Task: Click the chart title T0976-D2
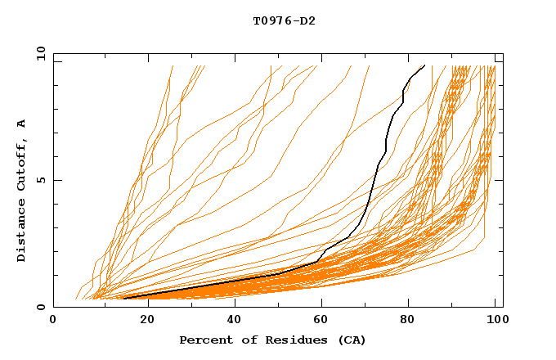pos(284,20)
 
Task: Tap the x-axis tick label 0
pos(53,321)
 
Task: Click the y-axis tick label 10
pos(40,53)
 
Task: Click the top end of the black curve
pos(424,65)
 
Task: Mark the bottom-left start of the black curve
pos(123,298)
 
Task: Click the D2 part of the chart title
pos(307,20)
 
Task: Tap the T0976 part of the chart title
pos(272,20)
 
